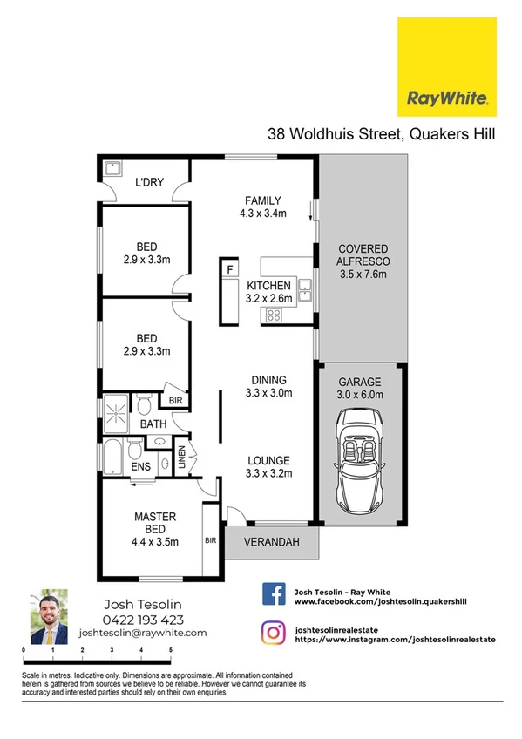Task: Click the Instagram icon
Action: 275,631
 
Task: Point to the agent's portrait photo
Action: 49,617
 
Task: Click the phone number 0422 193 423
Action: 143,620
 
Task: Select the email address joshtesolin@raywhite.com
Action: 143,634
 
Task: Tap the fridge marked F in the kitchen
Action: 231,269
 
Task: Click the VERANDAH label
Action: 272,543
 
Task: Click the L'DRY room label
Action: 151,184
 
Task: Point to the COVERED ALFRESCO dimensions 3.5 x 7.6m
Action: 362,275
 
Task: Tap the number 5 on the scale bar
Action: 171,650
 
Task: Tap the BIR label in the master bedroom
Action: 210,540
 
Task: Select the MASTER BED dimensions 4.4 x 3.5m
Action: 155,541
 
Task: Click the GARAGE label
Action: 359,381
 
